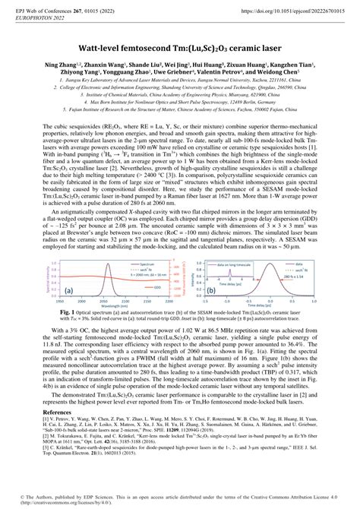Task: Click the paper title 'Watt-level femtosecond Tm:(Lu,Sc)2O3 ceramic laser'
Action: [180, 46]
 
